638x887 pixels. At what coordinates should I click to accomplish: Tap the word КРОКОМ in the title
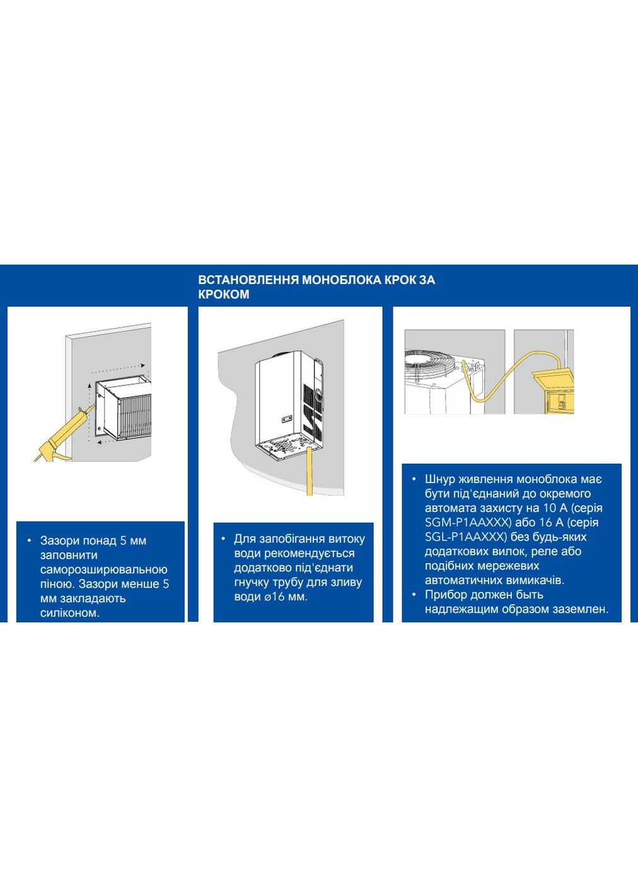(x=224, y=294)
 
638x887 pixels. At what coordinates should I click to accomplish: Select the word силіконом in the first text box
(x=70, y=613)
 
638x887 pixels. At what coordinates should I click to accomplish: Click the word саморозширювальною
(x=104, y=569)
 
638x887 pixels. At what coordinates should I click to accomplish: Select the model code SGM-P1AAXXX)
(x=467, y=522)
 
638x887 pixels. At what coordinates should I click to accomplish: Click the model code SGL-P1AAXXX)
(x=466, y=537)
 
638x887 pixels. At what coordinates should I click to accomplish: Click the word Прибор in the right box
(x=444, y=595)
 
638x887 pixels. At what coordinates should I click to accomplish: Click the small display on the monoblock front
(x=286, y=418)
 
